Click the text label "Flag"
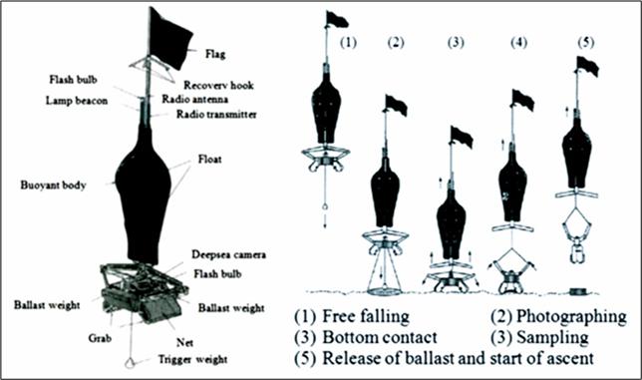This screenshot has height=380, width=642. click(x=215, y=54)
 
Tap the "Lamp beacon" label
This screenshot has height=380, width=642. click(x=77, y=101)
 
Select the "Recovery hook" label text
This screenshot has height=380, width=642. click(x=218, y=85)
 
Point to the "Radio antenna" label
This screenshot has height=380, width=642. click(x=195, y=99)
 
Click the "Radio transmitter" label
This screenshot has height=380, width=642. click(x=216, y=115)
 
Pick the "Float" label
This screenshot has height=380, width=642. click(x=209, y=159)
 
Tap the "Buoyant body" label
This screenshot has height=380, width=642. click(x=53, y=186)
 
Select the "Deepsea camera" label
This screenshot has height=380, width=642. click(x=229, y=254)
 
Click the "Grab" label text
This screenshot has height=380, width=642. click(x=100, y=339)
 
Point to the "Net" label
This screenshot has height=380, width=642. click(x=184, y=342)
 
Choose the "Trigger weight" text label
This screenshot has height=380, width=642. click(x=192, y=359)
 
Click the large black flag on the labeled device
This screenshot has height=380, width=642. click(x=169, y=39)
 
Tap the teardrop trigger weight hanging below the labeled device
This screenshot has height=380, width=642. click(x=131, y=363)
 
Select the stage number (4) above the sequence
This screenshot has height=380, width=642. click(x=519, y=43)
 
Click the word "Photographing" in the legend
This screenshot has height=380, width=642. click(x=571, y=316)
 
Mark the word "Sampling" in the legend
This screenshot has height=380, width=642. click(x=552, y=337)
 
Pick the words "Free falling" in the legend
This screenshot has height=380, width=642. click(x=366, y=316)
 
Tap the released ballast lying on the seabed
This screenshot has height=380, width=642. click(x=578, y=291)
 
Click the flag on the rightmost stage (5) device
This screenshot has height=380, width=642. click(x=588, y=67)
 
